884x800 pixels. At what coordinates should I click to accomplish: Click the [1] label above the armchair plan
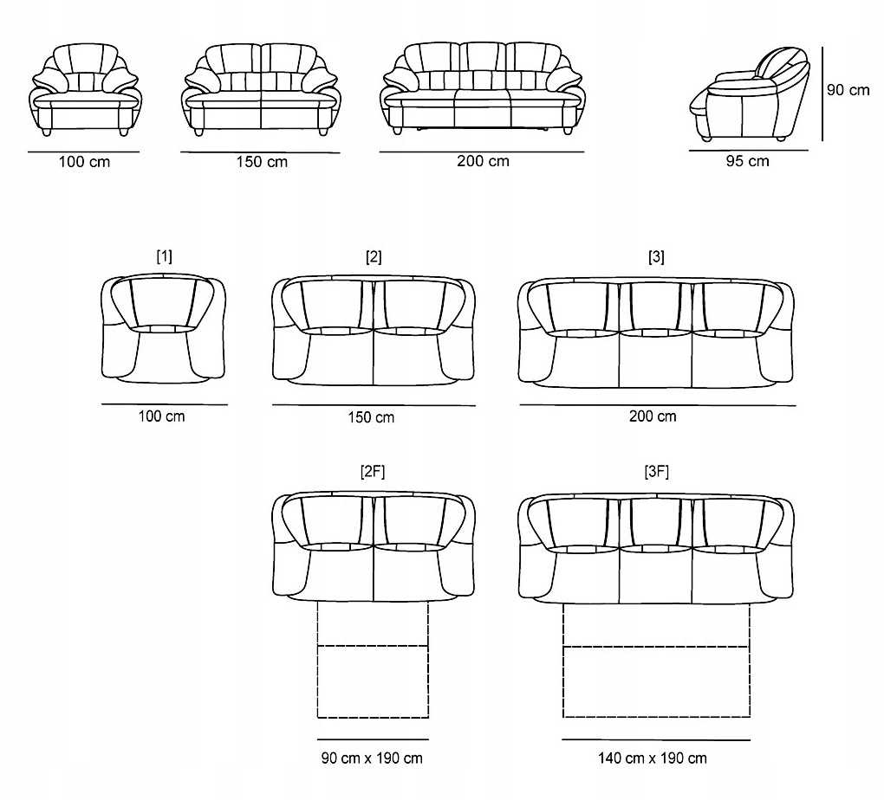(164, 256)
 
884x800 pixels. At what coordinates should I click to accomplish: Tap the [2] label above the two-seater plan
(374, 256)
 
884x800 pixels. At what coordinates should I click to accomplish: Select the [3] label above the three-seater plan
(656, 256)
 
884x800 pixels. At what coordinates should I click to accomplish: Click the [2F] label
(373, 471)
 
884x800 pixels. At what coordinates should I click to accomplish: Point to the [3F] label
(656, 471)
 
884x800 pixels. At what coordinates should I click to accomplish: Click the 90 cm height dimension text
(848, 90)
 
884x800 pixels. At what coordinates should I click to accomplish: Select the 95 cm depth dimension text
(747, 161)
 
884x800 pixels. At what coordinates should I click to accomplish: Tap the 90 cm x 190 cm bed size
(373, 758)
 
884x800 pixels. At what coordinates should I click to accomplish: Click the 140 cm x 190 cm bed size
(652, 758)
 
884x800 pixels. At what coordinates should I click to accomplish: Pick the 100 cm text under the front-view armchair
(84, 162)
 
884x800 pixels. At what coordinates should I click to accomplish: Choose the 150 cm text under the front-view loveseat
(262, 162)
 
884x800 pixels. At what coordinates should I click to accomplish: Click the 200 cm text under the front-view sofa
(483, 161)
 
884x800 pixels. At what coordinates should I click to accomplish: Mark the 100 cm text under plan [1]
(161, 416)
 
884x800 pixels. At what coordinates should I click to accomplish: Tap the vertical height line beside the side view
(821, 95)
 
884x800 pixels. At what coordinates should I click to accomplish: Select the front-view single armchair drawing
(84, 88)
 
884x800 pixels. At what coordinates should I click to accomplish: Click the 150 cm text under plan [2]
(371, 417)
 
